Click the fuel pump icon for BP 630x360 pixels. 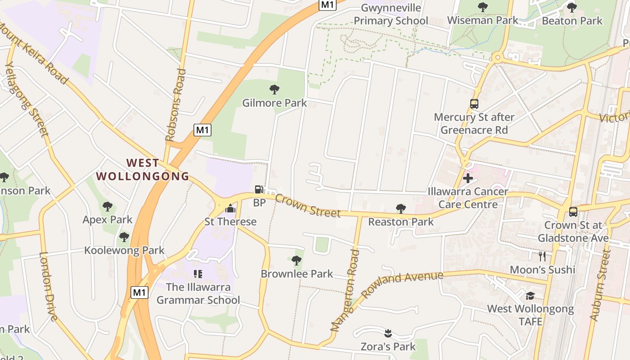259,189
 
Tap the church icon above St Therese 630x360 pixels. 230,208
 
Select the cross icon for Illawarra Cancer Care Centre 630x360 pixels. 468,178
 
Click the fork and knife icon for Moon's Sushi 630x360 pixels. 542,256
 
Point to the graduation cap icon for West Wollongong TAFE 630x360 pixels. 531,296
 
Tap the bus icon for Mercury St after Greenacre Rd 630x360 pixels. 474,104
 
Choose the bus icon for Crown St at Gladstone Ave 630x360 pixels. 573,211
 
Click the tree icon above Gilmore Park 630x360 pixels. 274,89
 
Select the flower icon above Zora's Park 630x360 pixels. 388,333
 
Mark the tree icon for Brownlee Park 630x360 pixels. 296,260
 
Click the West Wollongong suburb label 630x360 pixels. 143,169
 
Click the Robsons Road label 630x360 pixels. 176,105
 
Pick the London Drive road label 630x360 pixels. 48,286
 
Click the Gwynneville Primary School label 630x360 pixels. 391,14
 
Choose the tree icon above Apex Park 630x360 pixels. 107,207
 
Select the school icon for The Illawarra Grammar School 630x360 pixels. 198,274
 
